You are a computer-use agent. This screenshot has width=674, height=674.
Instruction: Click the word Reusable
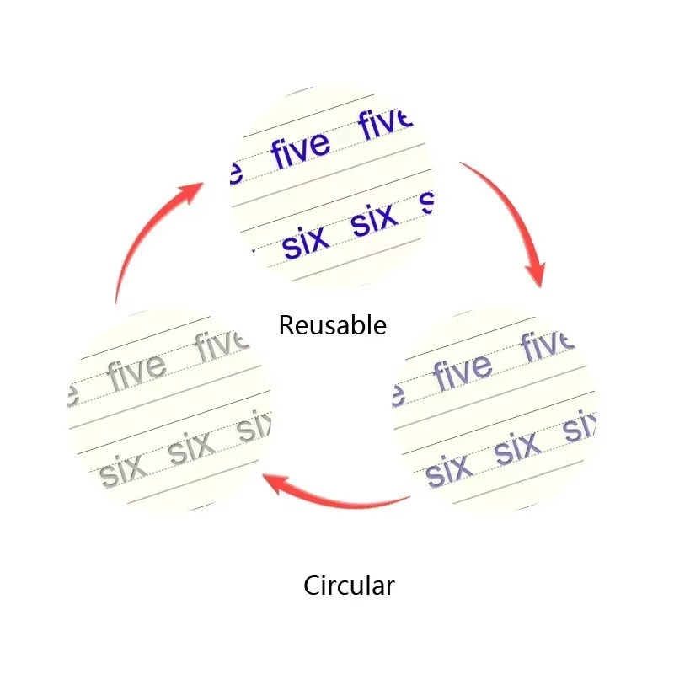(332, 325)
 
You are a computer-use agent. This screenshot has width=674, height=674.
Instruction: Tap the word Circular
(349, 586)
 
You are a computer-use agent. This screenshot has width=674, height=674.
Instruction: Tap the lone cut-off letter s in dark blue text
(427, 203)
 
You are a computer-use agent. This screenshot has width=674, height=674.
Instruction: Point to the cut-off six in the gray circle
(254, 426)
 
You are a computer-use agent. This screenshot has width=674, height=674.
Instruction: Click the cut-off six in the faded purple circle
(580, 426)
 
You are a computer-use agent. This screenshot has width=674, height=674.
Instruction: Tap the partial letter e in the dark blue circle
(237, 173)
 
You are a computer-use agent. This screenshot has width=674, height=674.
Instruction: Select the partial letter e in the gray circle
(73, 395)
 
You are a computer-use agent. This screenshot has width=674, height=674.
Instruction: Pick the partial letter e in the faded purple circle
(399, 395)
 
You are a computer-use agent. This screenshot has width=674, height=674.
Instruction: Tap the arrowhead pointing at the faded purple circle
(536, 273)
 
